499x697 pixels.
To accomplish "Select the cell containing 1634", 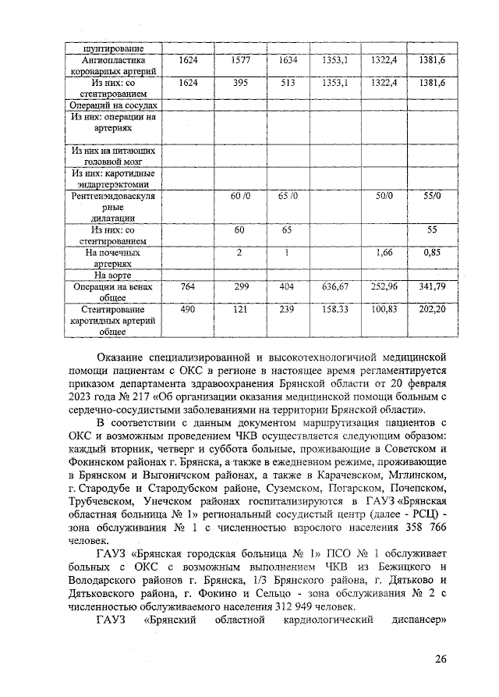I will (x=288, y=59).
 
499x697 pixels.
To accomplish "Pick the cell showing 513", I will (x=288, y=82).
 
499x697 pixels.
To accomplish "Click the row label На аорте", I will (x=113, y=275).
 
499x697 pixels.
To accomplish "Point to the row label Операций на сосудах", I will (x=113, y=105).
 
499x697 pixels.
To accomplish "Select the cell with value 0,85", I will (x=432, y=253).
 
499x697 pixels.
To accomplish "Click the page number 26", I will (x=441, y=659).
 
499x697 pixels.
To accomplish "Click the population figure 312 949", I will (x=300, y=608).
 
